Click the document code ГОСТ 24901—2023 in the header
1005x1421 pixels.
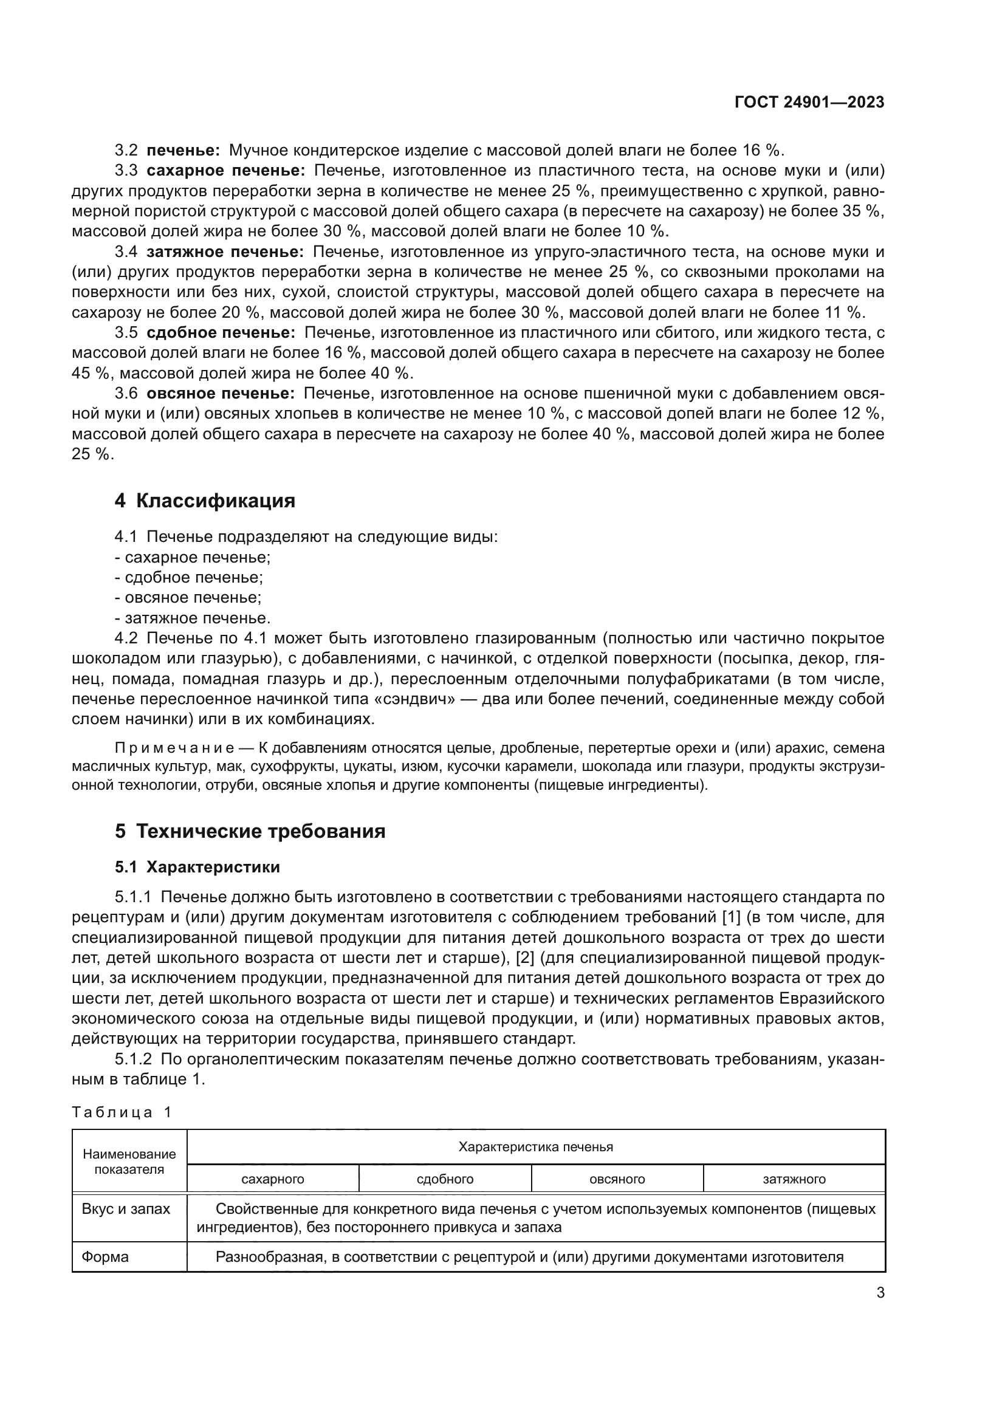click(x=809, y=103)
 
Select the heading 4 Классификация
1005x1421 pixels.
click(x=205, y=501)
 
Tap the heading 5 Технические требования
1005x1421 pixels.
click(x=250, y=830)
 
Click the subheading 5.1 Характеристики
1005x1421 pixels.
click(x=197, y=867)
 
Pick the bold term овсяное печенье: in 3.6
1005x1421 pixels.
click(x=221, y=394)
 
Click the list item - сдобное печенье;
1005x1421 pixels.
click(x=190, y=577)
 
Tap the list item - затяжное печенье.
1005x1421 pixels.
click(x=193, y=618)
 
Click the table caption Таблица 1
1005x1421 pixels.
click(x=122, y=1112)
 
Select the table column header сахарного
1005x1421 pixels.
click(x=273, y=1179)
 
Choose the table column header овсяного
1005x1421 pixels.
click(x=617, y=1179)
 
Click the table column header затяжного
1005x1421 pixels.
click(x=794, y=1179)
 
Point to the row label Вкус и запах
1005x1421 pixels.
click(x=126, y=1209)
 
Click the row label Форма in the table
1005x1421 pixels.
click(x=105, y=1257)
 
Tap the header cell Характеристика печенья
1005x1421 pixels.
click(x=535, y=1147)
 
